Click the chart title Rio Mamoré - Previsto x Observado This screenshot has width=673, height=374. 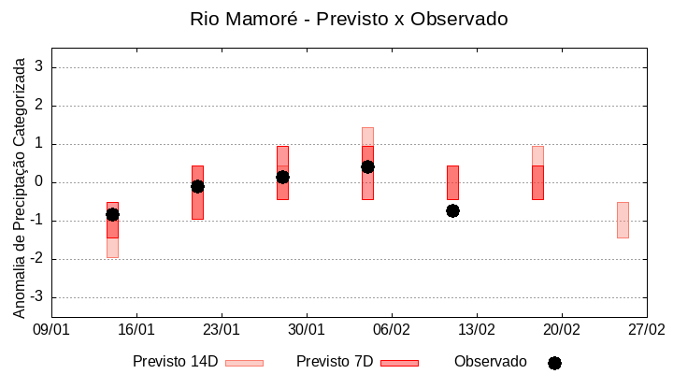[349, 20]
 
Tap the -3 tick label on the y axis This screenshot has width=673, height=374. [37, 297]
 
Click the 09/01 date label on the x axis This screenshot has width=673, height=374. [51, 330]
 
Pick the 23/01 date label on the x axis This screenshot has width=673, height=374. [222, 330]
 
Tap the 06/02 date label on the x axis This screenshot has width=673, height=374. [392, 330]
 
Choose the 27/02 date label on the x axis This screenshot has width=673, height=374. [646, 330]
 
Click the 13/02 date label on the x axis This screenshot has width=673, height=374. [477, 330]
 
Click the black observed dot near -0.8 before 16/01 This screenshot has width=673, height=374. [112, 214]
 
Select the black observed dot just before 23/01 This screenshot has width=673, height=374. [197, 186]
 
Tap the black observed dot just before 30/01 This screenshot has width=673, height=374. [282, 177]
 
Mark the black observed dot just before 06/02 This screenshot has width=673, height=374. [367, 166]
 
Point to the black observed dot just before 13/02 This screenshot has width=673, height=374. [452, 210]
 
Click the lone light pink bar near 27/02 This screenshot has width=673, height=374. [623, 220]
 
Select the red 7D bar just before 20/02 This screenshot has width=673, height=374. [537, 182]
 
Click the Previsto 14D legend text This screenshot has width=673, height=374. [175, 362]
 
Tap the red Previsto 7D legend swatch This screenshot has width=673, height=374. [399, 363]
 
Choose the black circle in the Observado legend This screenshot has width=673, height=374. [554, 363]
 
